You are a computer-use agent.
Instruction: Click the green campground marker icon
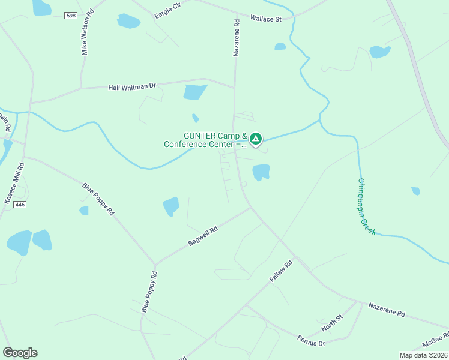[x=256, y=139]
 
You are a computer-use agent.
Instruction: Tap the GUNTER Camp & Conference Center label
[x=206, y=140]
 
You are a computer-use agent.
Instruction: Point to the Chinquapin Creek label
[x=367, y=206]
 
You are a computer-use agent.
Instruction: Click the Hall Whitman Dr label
[x=132, y=86]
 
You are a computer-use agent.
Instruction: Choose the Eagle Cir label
[x=167, y=11]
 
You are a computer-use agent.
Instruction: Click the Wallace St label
[x=265, y=19]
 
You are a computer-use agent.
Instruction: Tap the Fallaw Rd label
[x=280, y=271]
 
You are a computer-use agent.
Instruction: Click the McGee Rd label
[x=435, y=340]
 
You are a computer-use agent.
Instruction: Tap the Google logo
[x=20, y=353]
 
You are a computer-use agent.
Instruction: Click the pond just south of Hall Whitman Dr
[x=194, y=92]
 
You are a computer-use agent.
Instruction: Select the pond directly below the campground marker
[x=261, y=172]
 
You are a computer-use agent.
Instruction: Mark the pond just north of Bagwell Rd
[x=171, y=206]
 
